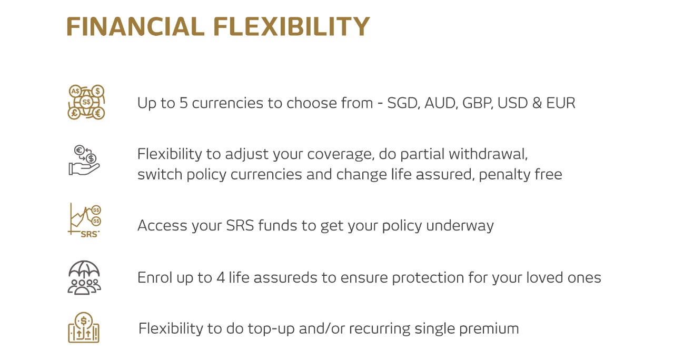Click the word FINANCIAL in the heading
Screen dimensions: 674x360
[x=135, y=26]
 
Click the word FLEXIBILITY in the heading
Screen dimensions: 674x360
[x=292, y=26]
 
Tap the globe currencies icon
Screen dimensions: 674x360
[x=86, y=102]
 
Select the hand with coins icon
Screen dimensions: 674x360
[x=84, y=160]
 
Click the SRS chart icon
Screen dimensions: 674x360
[x=84, y=220]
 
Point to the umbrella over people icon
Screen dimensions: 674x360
[x=84, y=277]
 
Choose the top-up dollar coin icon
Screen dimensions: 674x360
[x=84, y=327]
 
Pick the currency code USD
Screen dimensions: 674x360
[x=512, y=103]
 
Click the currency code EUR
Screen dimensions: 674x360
[x=561, y=103]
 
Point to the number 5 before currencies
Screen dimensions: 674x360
[x=184, y=103]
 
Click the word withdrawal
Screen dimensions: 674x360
[x=488, y=154]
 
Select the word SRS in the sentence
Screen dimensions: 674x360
[x=240, y=225]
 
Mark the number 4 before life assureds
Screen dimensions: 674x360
[x=221, y=277]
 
